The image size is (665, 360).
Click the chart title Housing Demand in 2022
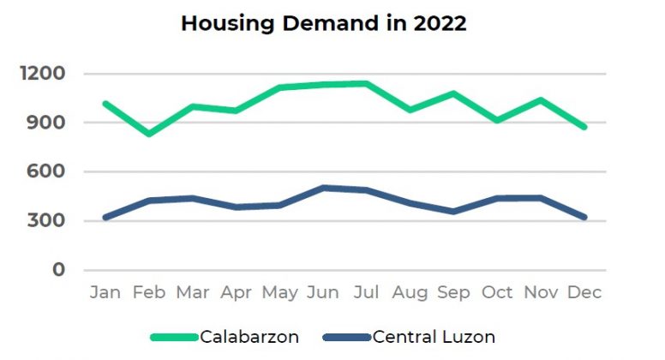[324, 24]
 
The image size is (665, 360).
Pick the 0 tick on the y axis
[58, 270]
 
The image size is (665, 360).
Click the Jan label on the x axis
[105, 293]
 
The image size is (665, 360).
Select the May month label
[279, 293]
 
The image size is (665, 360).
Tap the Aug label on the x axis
[410, 293]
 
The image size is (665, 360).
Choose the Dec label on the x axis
[584, 293]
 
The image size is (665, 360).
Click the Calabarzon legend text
[249, 337]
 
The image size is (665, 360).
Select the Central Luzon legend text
[434, 337]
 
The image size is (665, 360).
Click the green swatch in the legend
[175, 337]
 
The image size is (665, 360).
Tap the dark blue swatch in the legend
[347, 337]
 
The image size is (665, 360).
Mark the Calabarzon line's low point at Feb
[149, 134]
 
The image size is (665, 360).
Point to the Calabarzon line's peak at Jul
[366, 83]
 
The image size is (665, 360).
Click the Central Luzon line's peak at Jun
[323, 188]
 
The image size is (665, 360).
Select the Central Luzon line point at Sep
[453, 211]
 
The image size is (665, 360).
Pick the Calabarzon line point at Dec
[584, 127]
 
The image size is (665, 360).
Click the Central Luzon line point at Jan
[105, 218]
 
